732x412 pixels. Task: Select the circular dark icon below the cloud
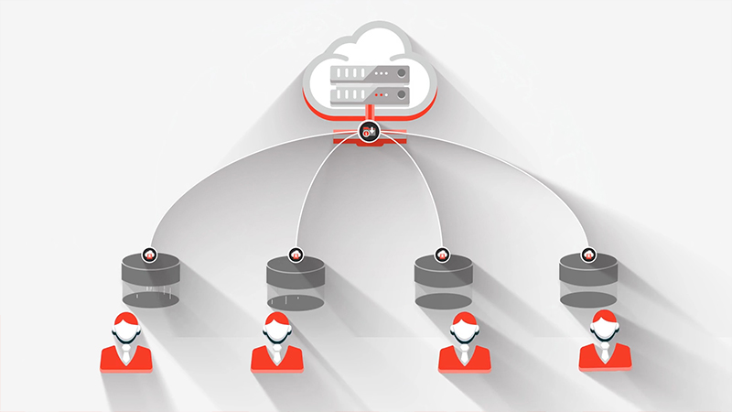pos(369,133)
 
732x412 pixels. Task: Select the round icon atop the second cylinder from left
pos(295,255)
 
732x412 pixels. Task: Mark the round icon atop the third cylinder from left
pos(442,255)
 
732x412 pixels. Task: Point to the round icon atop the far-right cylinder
pos(587,255)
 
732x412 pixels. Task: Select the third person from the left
pos(463,342)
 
